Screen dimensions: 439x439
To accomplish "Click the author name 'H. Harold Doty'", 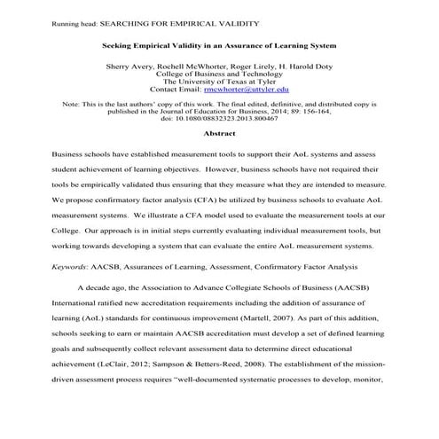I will (289, 66).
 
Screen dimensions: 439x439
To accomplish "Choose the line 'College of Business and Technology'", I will (219, 74).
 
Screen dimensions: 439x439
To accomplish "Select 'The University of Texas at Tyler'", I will (219, 82).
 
